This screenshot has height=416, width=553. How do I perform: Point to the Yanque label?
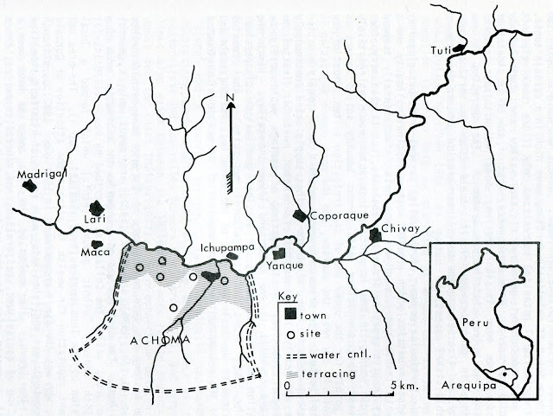(x=285, y=267)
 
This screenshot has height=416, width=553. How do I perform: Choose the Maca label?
(x=93, y=253)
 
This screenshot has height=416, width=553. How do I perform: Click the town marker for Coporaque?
(x=300, y=214)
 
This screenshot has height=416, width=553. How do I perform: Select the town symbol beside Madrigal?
(x=31, y=184)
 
